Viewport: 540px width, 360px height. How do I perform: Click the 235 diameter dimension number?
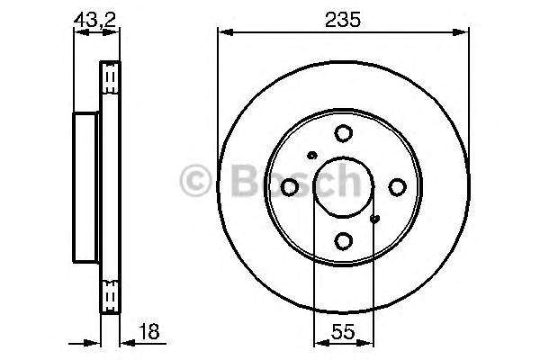(343, 20)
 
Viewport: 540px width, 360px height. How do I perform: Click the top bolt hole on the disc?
(343, 134)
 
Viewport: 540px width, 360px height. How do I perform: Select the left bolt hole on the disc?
(290, 186)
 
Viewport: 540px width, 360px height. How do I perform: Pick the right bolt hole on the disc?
(396, 186)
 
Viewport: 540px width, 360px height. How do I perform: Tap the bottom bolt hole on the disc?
(343, 240)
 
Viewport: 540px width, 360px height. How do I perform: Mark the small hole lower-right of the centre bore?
(374, 218)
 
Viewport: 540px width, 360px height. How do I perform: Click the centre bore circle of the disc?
(343, 187)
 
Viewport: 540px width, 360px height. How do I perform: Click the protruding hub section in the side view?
(85, 186)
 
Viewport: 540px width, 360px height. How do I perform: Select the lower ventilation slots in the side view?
(110, 295)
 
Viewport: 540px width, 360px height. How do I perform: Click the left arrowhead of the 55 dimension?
(317, 342)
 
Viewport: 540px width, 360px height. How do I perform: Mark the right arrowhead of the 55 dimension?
(368, 342)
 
